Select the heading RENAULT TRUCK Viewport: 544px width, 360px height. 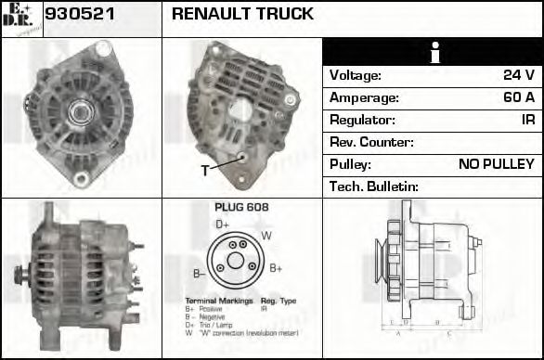[242, 15]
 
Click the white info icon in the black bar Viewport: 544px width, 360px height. [433, 53]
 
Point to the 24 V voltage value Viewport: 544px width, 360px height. [518, 75]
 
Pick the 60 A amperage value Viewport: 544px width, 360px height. [517, 97]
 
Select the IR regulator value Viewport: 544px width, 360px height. [527, 120]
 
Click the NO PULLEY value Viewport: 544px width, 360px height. [497, 164]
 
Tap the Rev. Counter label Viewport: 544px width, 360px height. [371, 142]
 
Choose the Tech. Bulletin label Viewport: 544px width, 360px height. [374, 186]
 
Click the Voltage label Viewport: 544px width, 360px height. [356, 75]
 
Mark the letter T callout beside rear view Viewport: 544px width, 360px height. [205, 171]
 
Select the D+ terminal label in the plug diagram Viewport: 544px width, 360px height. [223, 225]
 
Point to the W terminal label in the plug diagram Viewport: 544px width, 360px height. [266, 236]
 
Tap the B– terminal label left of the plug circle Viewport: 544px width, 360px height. [199, 273]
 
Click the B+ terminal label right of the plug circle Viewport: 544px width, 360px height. [276, 268]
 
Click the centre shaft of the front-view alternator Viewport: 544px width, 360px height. [78, 113]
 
